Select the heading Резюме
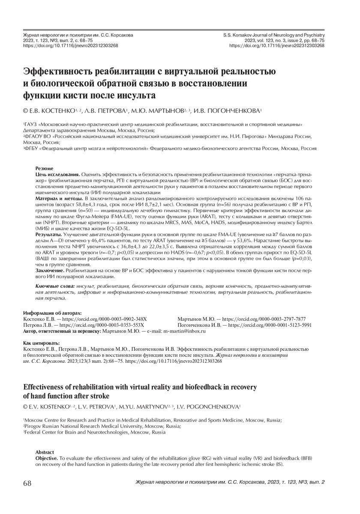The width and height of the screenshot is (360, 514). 44,169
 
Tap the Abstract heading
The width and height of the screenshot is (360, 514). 45,452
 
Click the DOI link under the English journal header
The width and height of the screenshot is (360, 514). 277,45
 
